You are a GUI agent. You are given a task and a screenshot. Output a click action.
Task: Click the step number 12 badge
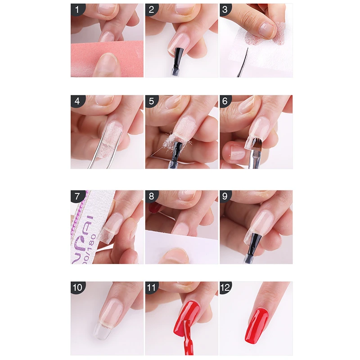226,288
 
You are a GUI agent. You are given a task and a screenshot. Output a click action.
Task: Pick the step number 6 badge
226,102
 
